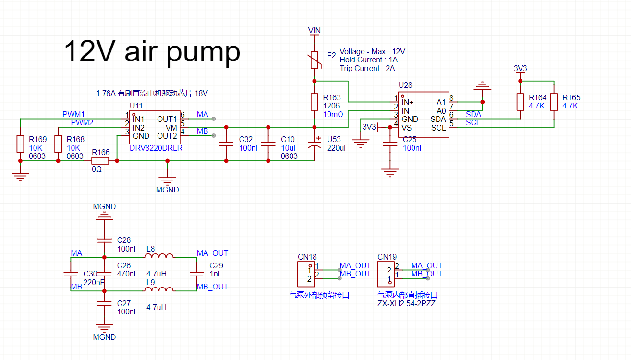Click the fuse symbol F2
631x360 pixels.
click(x=315, y=60)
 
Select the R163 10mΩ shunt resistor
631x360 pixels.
click(x=315, y=102)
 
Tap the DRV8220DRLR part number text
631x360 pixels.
click(x=156, y=148)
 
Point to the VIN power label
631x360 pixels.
click(x=315, y=30)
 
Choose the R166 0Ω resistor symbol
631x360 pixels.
click(x=101, y=161)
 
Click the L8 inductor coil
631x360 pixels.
click(x=159, y=257)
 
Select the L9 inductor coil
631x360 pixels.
click(x=159, y=290)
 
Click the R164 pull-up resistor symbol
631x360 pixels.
click(x=520, y=102)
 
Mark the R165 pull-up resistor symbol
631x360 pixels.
click(x=554, y=102)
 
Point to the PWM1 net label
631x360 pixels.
click(x=73, y=114)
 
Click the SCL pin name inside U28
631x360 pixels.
click(x=438, y=128)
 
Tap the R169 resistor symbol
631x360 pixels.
click(x=20, y=144)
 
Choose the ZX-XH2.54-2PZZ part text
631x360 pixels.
click(x=406, y=304)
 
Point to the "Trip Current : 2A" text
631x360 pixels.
click(x=367, y=68)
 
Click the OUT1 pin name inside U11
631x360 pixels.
click(x=167, y=119)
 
